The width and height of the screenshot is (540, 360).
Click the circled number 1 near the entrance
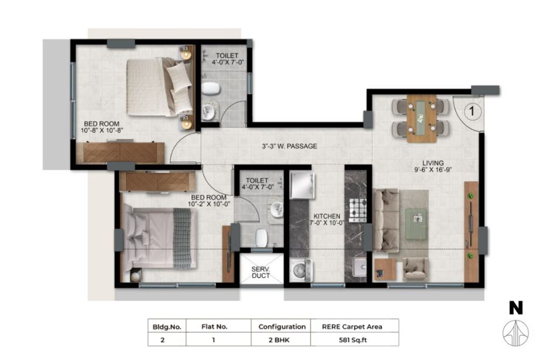(x=472, y=111)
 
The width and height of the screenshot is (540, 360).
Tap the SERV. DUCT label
(x=261, y=272)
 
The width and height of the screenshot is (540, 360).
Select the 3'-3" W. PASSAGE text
(x=289, y=146)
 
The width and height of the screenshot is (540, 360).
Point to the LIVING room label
(x=433, y=163)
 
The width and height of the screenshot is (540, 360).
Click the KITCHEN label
(x=327, y=216)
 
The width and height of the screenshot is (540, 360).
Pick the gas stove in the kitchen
(x=358, y=210)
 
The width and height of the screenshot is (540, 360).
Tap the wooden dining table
(x=421, y=118)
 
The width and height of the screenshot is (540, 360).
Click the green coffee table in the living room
(x=417, y=224)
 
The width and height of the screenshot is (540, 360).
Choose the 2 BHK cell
(x=279, y=340)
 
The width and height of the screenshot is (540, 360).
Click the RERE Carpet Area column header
(x=352, y=327)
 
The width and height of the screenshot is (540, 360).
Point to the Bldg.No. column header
(x=167, y=327)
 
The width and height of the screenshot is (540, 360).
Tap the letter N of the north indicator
(x=516, y=308)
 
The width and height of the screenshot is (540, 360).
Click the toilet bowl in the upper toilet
(x=211, y=89)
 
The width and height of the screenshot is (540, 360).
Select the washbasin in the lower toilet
(x=276, y=210)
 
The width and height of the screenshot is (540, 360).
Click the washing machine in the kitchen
(x=301, y=270)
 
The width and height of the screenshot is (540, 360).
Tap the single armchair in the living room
(x=416, y=269)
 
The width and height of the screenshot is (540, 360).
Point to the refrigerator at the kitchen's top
(x=302, y=186)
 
